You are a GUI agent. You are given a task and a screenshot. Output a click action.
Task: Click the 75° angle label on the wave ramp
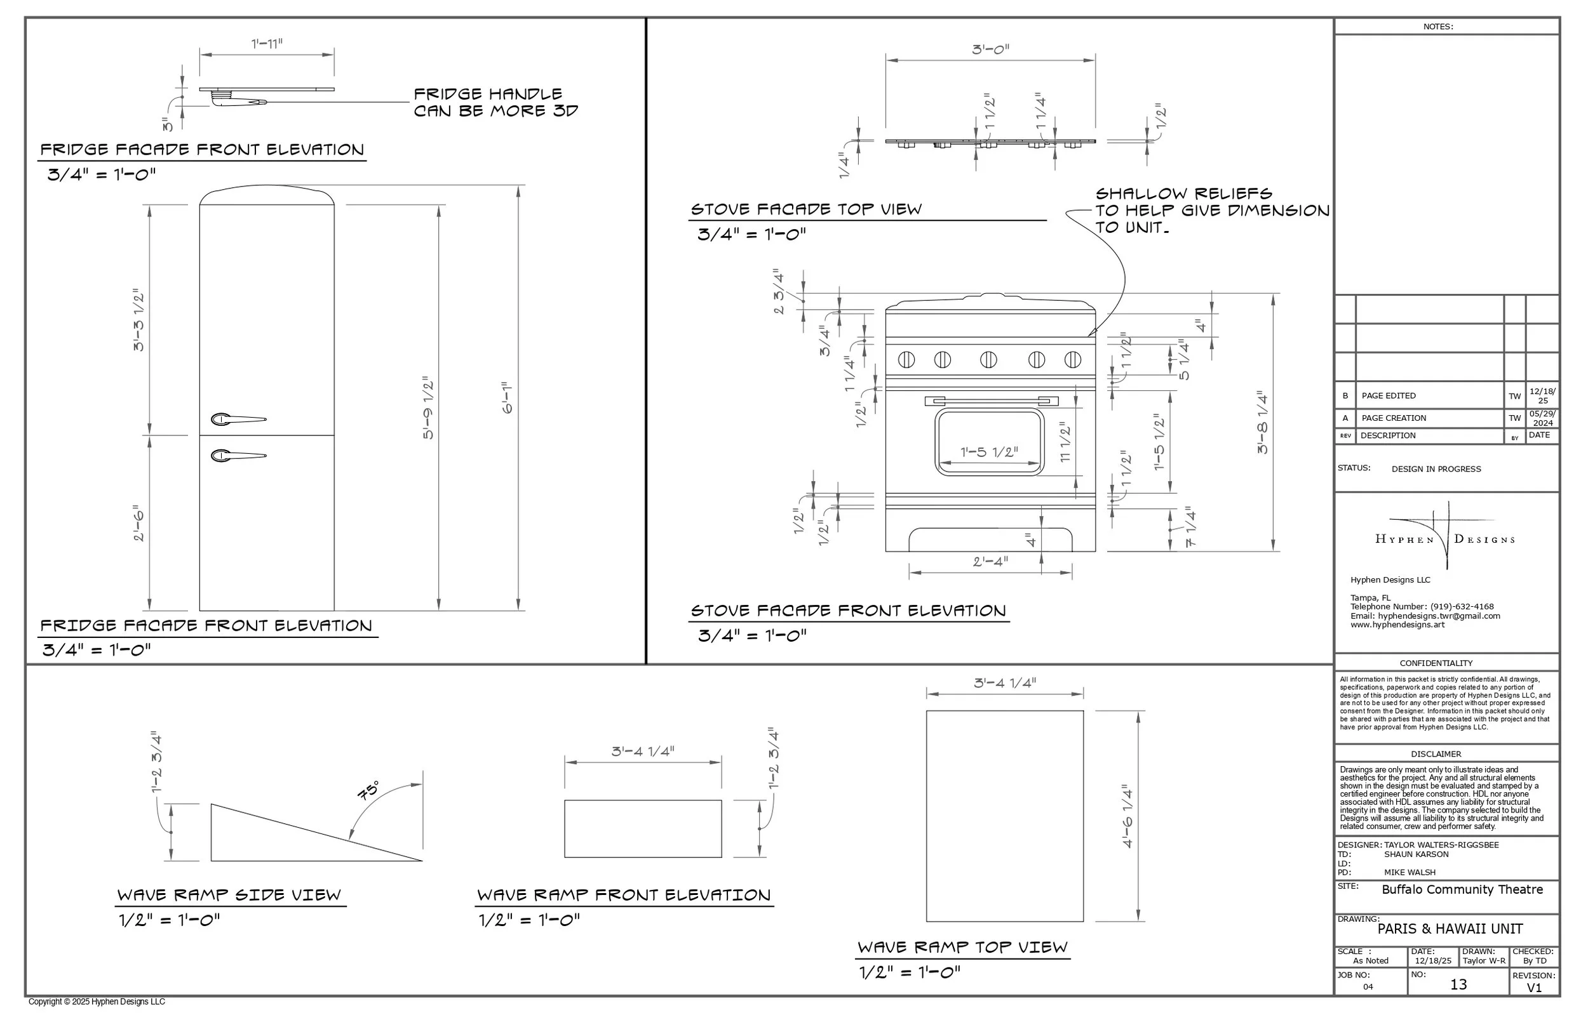[x=368, y=791]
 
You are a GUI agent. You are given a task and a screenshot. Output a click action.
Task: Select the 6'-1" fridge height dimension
[x=508, y=398]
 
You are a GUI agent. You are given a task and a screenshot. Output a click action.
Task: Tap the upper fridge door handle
[x=238, y=420]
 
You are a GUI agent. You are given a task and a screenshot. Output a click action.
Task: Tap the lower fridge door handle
[x=238, y=456]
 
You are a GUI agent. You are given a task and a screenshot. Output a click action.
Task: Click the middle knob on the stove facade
[x=988, y=360]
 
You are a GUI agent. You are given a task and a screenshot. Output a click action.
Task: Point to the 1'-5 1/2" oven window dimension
[x=990, y=452]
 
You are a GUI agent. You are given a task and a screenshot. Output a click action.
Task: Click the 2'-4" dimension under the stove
[x=990, y=562]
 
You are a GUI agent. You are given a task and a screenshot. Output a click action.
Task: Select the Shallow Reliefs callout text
[x=1212, y=211]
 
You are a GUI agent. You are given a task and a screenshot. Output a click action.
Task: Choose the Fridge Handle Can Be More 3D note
[x=495, y=103]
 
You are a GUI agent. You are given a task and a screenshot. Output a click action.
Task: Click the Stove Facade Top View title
[x=806, y=209]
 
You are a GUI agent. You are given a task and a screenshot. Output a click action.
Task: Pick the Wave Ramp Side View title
[x=229, y=895]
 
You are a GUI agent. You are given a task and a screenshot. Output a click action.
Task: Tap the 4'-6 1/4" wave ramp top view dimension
[x=1128, y=816]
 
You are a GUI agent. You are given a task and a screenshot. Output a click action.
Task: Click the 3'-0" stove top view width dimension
[x=990, y=50]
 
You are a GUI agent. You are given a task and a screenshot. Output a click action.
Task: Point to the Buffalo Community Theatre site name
[x=1462, y=890]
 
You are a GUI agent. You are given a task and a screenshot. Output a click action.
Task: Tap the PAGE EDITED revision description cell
[x=1389, y=396]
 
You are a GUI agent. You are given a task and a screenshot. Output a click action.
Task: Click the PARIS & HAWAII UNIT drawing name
[x=1450, y=929]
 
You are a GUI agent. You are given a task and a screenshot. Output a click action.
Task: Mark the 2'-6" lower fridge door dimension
[x=138, y=523]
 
